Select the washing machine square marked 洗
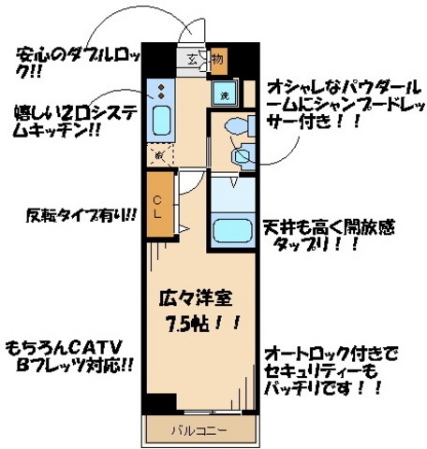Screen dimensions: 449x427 click(225, 94)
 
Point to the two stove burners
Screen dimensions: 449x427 click(160, 93)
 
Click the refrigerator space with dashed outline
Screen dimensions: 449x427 click(159, 153)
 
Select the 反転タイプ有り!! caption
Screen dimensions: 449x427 click(80, 215)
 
